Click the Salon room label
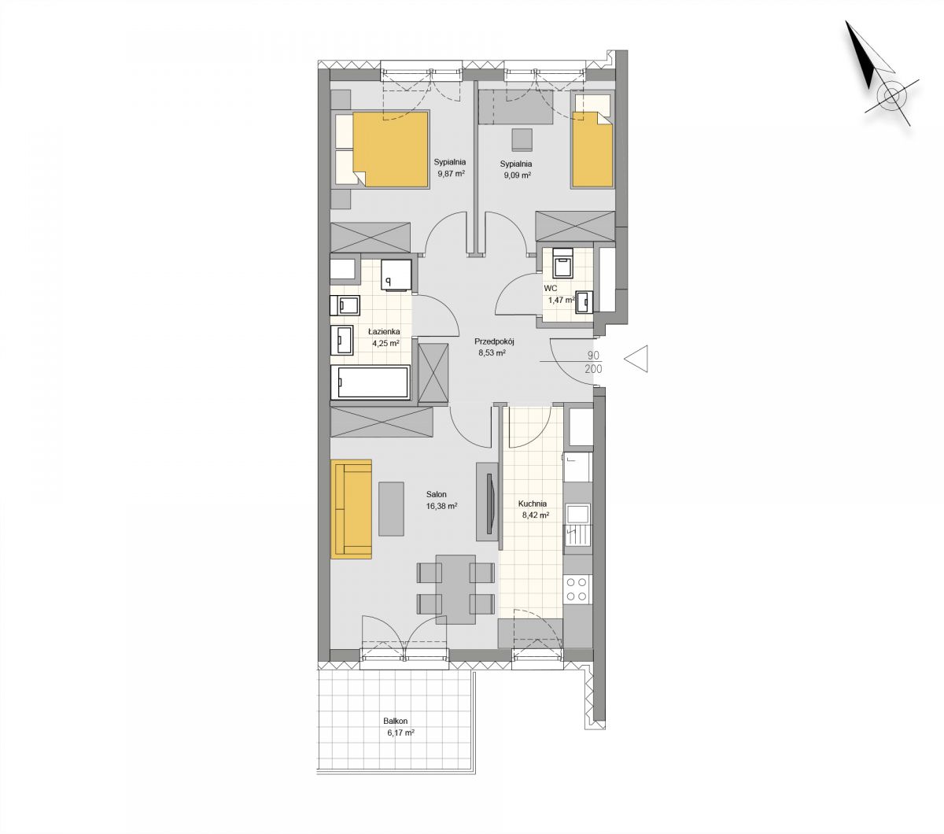(436, 494)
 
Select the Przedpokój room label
(494, 341)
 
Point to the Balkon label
(395, 721)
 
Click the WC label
(550, 289)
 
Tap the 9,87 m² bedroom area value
(451, 174)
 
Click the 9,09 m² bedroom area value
(517, 175)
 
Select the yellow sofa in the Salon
(351, 509)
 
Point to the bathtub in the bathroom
(370, 382)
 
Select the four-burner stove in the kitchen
(577, 589)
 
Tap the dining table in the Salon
(455, 589)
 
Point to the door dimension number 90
(593, 356)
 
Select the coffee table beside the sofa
(391, 509)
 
